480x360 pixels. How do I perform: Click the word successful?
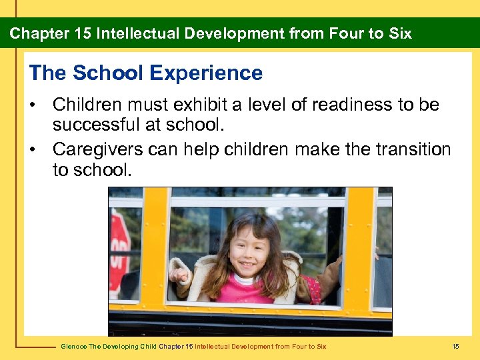click(92, 125)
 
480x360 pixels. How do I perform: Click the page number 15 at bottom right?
click(455, 346)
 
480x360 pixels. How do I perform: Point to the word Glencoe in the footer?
click(74, 346)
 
